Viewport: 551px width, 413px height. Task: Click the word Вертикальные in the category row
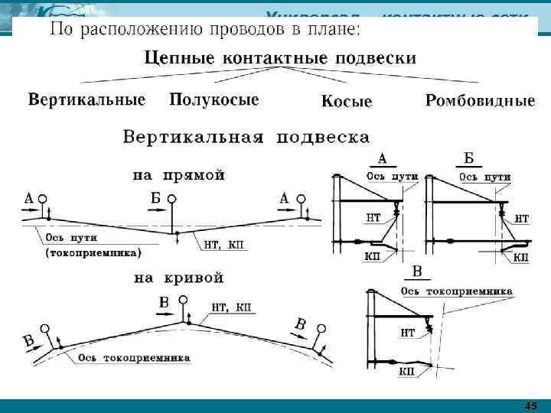pyautogui.click(x=86, y=100)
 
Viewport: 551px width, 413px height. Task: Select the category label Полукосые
pyautogui.click(x=214, y=100)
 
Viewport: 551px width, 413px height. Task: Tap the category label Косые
pyautogui.click(x=346, y=102)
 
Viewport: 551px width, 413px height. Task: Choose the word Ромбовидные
pyautogui.click(x=480, y=101)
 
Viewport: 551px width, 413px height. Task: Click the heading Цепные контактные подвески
pyautogui.click(x=280, y=58)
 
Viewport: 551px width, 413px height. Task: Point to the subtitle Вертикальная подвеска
pyautogui.click(x=246, y=138)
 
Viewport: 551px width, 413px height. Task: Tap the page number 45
pyautogui.click(x=531, y=405)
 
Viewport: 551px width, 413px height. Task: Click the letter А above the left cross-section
pyautogui.click(x=383, y=158)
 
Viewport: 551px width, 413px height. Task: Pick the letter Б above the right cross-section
pyautogui.click(x=470, y=158)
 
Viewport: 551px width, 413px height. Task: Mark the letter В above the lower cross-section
pyautogui.click(x=418, y=272)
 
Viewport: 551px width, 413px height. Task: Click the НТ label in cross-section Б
pyautogui.click(x=521, y=219)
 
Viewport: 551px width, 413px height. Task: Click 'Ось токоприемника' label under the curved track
pyautogui.click(x=132, y=357)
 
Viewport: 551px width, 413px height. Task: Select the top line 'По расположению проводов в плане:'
pyautogui.click(x=205, y=31)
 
